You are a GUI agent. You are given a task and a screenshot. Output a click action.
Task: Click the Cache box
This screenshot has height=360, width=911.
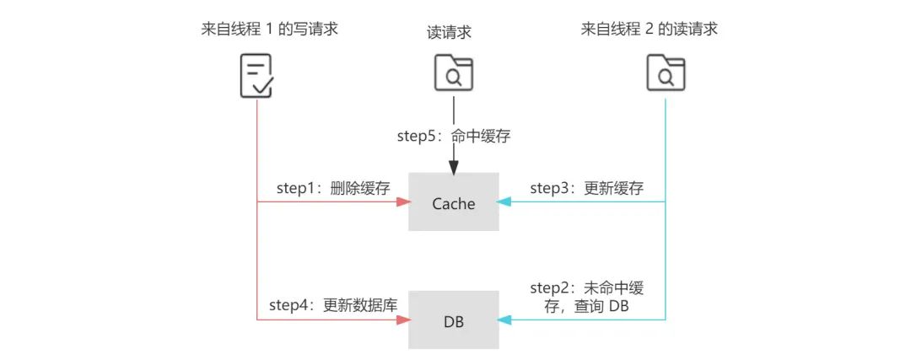tap(454, 202)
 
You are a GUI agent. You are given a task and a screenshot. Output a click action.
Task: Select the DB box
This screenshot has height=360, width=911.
tap(454, 320)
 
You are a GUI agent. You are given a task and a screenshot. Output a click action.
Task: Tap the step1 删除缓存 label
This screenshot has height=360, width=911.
tap(333, 187)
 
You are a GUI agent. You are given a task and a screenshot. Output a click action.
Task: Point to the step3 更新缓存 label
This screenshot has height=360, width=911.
tap(586, 187)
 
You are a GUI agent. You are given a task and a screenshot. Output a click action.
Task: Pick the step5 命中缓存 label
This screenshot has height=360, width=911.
tap(454, 135)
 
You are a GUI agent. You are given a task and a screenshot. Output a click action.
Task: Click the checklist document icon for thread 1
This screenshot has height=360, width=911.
tap(254, 75)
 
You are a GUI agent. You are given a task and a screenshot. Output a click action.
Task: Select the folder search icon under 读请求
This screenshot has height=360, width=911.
tap(454, 73)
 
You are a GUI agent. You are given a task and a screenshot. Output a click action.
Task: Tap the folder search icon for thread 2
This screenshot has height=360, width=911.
tap(666, 73)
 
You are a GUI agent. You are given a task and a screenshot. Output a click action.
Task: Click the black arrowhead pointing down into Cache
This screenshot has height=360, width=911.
tap(454, 167)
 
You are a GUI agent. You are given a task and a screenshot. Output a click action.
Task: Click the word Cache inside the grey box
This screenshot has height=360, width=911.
tap(454, 203)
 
